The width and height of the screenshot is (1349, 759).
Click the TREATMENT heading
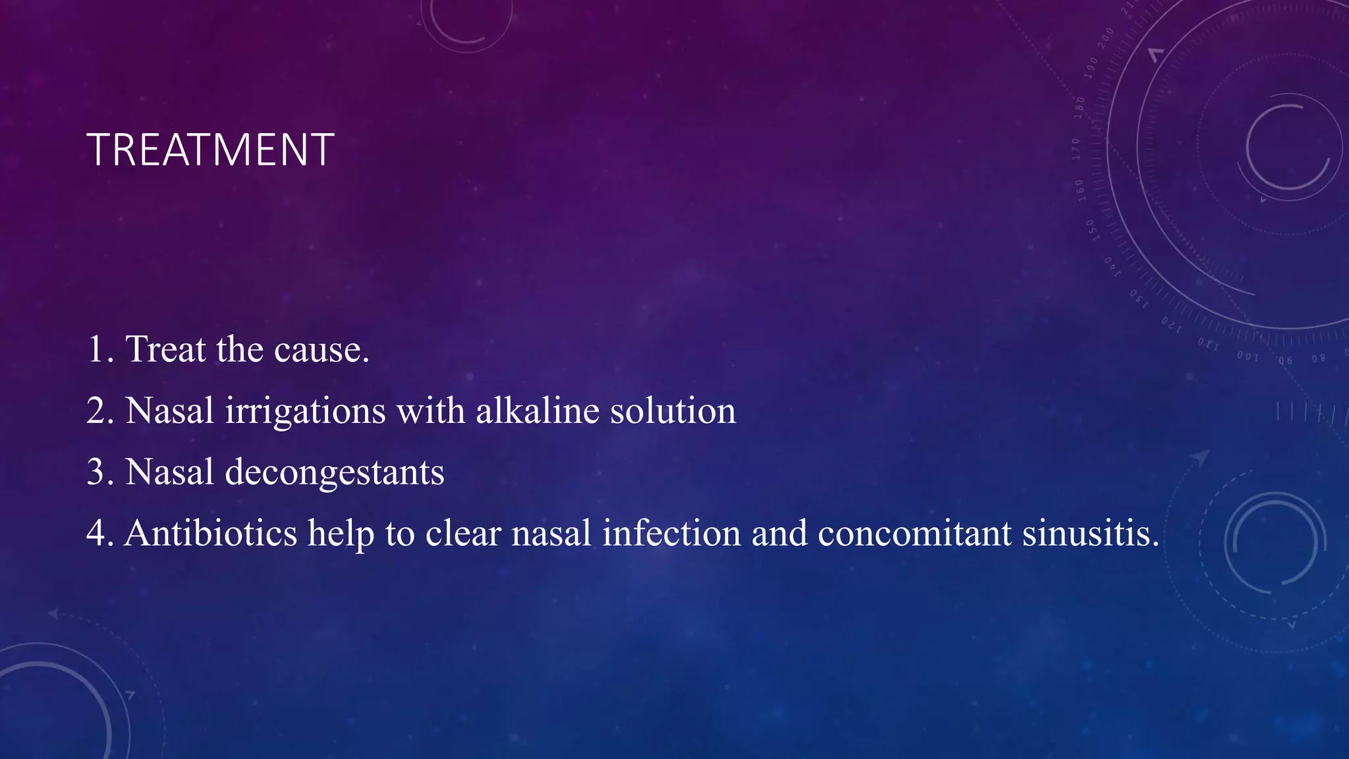[210, 150]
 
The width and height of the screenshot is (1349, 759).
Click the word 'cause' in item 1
[321, 349]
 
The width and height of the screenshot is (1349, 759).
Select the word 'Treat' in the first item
[165, 349]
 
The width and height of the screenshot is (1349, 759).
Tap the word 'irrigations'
[305, 411]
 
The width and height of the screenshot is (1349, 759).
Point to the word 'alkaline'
[537, 411]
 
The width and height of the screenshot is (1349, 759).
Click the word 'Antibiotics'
[211, 533]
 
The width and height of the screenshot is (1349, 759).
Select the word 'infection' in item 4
[671, 533]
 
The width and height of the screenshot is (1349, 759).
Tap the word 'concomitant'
[914, 533]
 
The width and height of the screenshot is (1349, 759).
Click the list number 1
[96, 349]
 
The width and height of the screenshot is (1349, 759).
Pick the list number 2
[97, 411]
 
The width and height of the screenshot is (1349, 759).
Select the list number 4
[97, 533]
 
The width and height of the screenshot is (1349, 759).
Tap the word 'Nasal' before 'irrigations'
[169, 411]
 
